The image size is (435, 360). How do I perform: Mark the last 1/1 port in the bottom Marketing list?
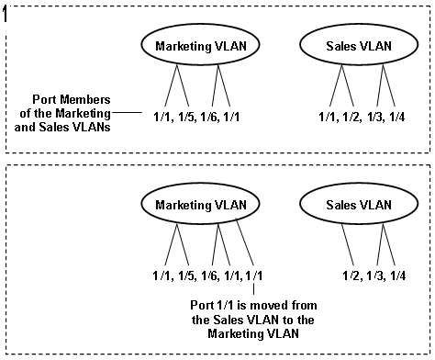259,275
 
